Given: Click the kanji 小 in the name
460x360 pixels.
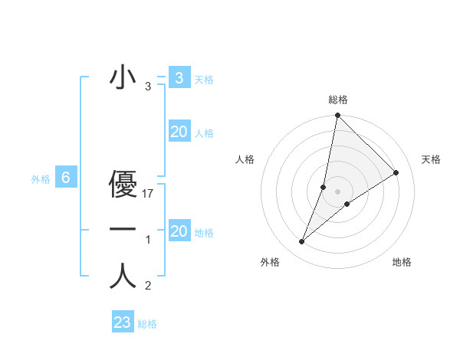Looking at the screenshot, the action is pos(123,78).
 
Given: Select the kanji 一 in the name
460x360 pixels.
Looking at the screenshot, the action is pos(123,230).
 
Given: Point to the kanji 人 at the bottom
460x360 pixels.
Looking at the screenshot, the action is pos(123,276).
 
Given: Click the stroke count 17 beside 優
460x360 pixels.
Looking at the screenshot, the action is pos(149,195).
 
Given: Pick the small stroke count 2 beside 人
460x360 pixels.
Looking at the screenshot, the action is pos(148,286).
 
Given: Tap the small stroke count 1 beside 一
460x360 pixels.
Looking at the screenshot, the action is pos(148,241).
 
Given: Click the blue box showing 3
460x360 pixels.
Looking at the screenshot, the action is pos(179,78).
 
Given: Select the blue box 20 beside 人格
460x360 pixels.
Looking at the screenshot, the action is pos(179,132).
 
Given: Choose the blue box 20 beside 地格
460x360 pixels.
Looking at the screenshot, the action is pos(179,231).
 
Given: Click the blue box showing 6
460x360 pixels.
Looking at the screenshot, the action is pos(66,178).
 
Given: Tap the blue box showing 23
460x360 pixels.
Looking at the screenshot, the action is pos(123,322).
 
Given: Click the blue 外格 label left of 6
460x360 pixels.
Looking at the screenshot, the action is pos(41,179).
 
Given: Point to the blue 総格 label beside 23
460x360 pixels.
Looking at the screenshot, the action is pos(147,324).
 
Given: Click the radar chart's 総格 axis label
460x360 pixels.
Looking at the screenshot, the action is pos(337,100).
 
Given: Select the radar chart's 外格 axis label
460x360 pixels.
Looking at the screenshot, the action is pos(270,262).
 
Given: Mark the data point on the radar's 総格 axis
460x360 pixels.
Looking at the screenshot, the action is pos(337,116).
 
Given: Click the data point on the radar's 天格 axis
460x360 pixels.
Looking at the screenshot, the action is pos(396,172).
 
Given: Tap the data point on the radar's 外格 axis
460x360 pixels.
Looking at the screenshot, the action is pos(302,242).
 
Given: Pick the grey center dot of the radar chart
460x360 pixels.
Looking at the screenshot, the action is pos(337,191).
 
